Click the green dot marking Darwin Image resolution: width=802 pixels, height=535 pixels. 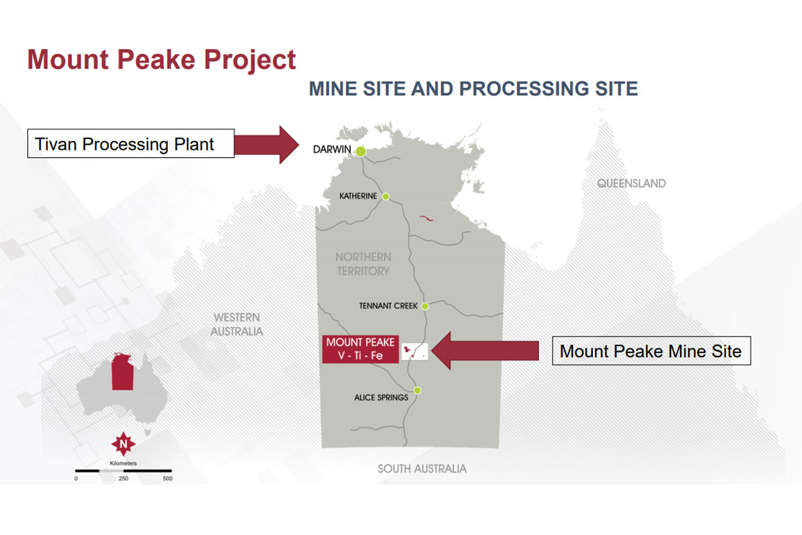click(361, 151)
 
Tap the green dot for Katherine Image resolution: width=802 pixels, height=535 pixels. click(385, 197)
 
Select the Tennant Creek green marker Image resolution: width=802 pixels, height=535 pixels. click(425, 306)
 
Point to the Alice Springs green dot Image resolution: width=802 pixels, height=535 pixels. click(417, 391)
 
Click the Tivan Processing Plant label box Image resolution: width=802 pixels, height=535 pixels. click(131, 144)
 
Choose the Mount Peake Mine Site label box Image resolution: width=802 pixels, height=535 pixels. click(651, 351)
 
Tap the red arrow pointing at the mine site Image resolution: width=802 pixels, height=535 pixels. click(485, 351)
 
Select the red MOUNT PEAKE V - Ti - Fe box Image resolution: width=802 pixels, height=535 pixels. click(360, 349)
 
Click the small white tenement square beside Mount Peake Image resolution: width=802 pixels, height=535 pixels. click(415, 351)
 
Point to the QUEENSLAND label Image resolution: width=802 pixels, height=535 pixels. click(631, 183)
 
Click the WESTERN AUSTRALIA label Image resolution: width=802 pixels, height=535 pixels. click(237, 324)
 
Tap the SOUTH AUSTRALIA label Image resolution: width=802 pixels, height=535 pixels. click(422, 469)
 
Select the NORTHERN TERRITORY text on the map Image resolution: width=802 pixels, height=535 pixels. click(363, 264)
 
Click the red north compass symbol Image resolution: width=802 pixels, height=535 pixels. click(123, 444)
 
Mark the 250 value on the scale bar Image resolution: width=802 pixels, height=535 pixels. click(123, 479)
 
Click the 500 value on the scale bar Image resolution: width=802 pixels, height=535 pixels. click(168, 479)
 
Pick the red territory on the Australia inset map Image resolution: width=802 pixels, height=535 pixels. click(123, 372)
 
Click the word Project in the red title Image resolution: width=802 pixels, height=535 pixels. click(250, 60)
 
